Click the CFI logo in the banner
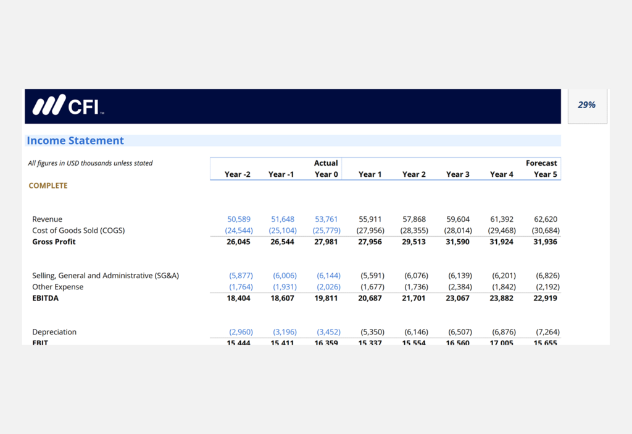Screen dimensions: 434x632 (68, 106)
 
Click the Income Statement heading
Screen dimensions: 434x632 (75, 141)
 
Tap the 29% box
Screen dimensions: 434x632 (587, 106)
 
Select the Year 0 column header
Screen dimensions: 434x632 (326, 174)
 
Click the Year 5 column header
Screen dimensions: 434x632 (545, 174)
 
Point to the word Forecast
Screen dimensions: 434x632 (541, 163)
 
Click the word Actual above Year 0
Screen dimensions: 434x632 (326, 163)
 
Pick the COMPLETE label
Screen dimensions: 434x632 (48, 185)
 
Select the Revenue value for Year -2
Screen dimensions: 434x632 (239, 219)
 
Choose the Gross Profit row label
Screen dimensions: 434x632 (54, 242)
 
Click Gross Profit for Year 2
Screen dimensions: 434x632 (414, 242)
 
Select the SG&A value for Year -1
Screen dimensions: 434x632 (285, 276)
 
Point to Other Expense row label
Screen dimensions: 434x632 (57, 287)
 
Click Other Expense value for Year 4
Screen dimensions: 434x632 (504, 287)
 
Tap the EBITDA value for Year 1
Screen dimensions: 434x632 (370, 298)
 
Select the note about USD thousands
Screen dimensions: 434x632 (90, 163)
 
